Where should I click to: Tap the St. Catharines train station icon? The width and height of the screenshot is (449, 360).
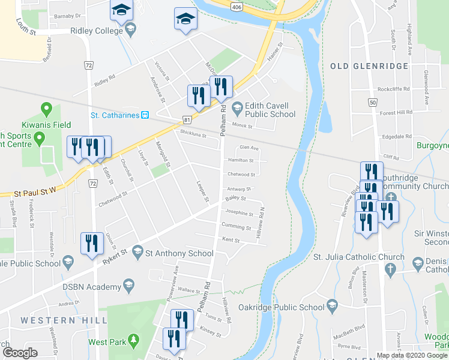(145, 115)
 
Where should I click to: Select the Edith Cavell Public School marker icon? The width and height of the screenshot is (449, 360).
(237, 108)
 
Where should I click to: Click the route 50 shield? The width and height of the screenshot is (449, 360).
(373, 103)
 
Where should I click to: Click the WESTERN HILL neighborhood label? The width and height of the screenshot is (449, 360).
(59, 320)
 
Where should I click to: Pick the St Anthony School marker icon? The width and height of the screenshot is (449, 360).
(137, 253)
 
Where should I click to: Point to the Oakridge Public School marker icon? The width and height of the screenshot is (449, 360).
(332, 307)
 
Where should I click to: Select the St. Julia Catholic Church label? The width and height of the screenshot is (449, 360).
(359, 257)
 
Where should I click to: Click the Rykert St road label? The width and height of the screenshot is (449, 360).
(113, 256)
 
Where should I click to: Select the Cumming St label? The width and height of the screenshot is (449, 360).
(236, 227)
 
